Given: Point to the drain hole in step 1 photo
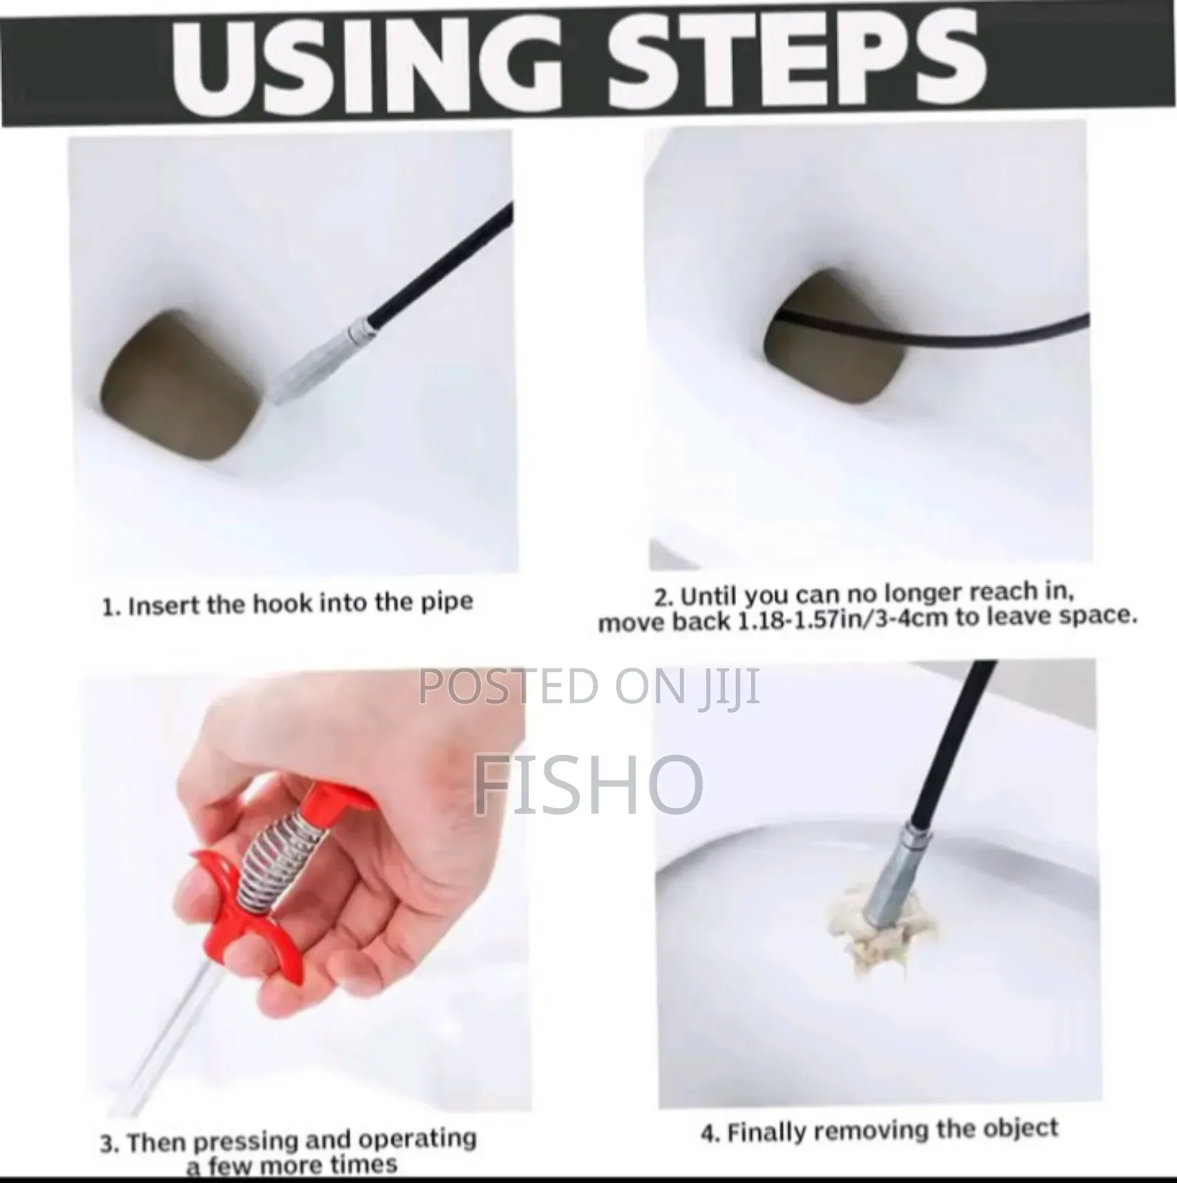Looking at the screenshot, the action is coord(181,384).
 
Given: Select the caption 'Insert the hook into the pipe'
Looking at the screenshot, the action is coord(300,603).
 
